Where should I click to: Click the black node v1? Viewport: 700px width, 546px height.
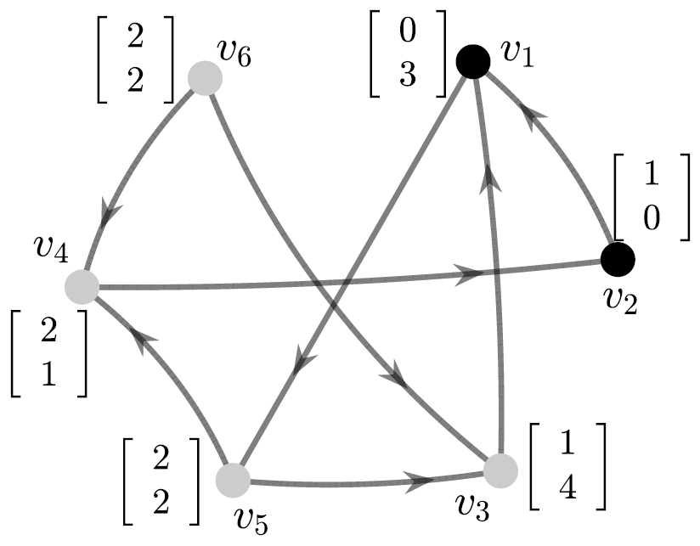[x=472, y=61]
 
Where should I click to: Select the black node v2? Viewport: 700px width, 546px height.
[x=618, y=259]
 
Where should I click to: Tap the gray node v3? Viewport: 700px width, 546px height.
[x=500, y=470]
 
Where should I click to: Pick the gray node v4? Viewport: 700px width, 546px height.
[x=82, y=287]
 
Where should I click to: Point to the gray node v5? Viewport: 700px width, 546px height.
[x=232, y=480]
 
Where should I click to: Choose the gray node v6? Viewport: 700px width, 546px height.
[x=205, y=78]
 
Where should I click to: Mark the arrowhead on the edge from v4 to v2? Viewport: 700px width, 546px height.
[x=466, y=274]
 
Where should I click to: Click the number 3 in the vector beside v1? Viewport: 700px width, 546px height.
[x=407, y=77]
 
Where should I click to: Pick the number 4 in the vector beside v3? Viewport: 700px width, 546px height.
[x=567, y=490]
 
